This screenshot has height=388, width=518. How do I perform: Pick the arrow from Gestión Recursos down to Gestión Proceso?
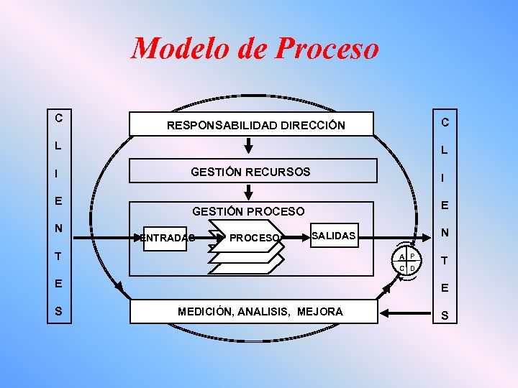tap(247, 191)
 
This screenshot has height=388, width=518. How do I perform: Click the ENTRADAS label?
tap(167, 238)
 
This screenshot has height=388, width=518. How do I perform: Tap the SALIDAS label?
tap(334, 236)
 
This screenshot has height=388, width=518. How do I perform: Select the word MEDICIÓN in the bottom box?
tap(203, 311)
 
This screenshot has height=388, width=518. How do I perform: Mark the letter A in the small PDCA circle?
tap(401, 257)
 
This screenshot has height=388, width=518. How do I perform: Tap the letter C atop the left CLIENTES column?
tap(58, 117)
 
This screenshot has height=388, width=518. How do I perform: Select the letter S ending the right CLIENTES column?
tap(445, 315)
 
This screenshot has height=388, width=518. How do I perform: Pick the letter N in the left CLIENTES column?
tap(58, 228)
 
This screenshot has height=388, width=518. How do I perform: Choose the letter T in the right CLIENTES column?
tap(445, 261)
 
